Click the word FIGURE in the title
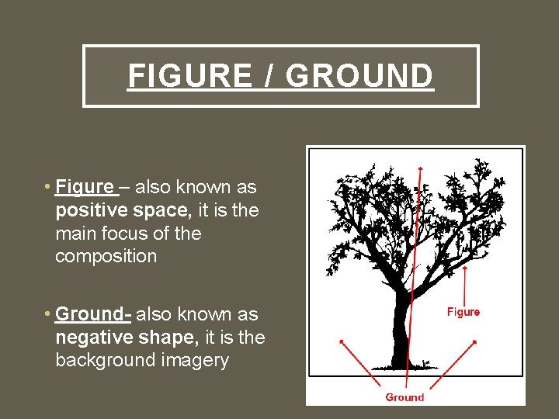tap(189, 76)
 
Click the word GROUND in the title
tap(359, 76)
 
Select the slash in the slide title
tap(269, 76)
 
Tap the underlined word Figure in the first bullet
tap(85, 187)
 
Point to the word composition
tap(106, 256)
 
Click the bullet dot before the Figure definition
tap(48, 187)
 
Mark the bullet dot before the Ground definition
tap(48, 314)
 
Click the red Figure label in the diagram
tap(464, 312)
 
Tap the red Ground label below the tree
tap(405, 397)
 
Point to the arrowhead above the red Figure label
tap(464, 270)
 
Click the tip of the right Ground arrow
tap(474, 341)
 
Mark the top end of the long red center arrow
tap(420, 167)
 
